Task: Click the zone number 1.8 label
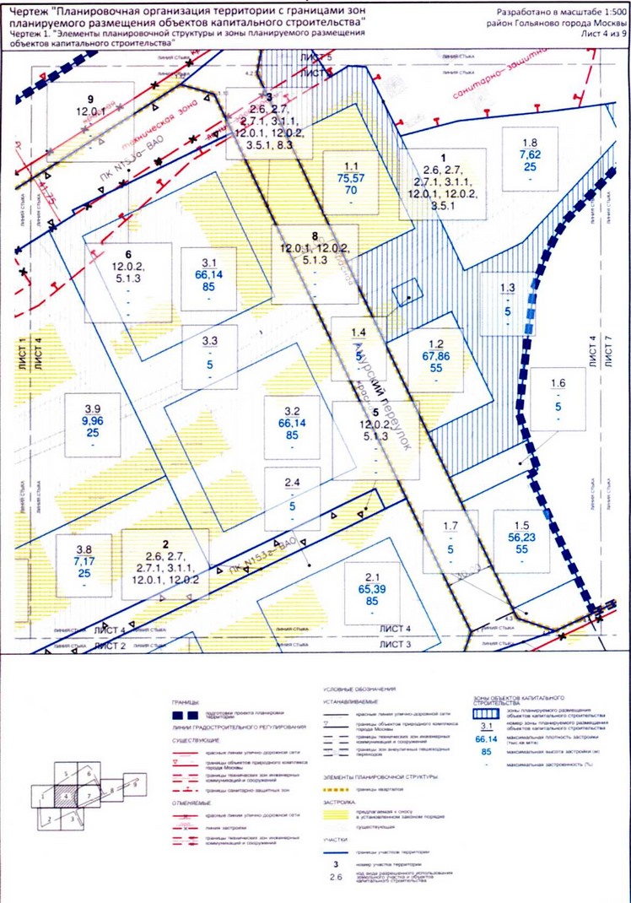[x=530, y=143]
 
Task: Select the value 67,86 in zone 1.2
[x=437, y=356]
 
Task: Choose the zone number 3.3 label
[x=210, y=340]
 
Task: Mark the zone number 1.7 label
[x=450, y=527]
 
